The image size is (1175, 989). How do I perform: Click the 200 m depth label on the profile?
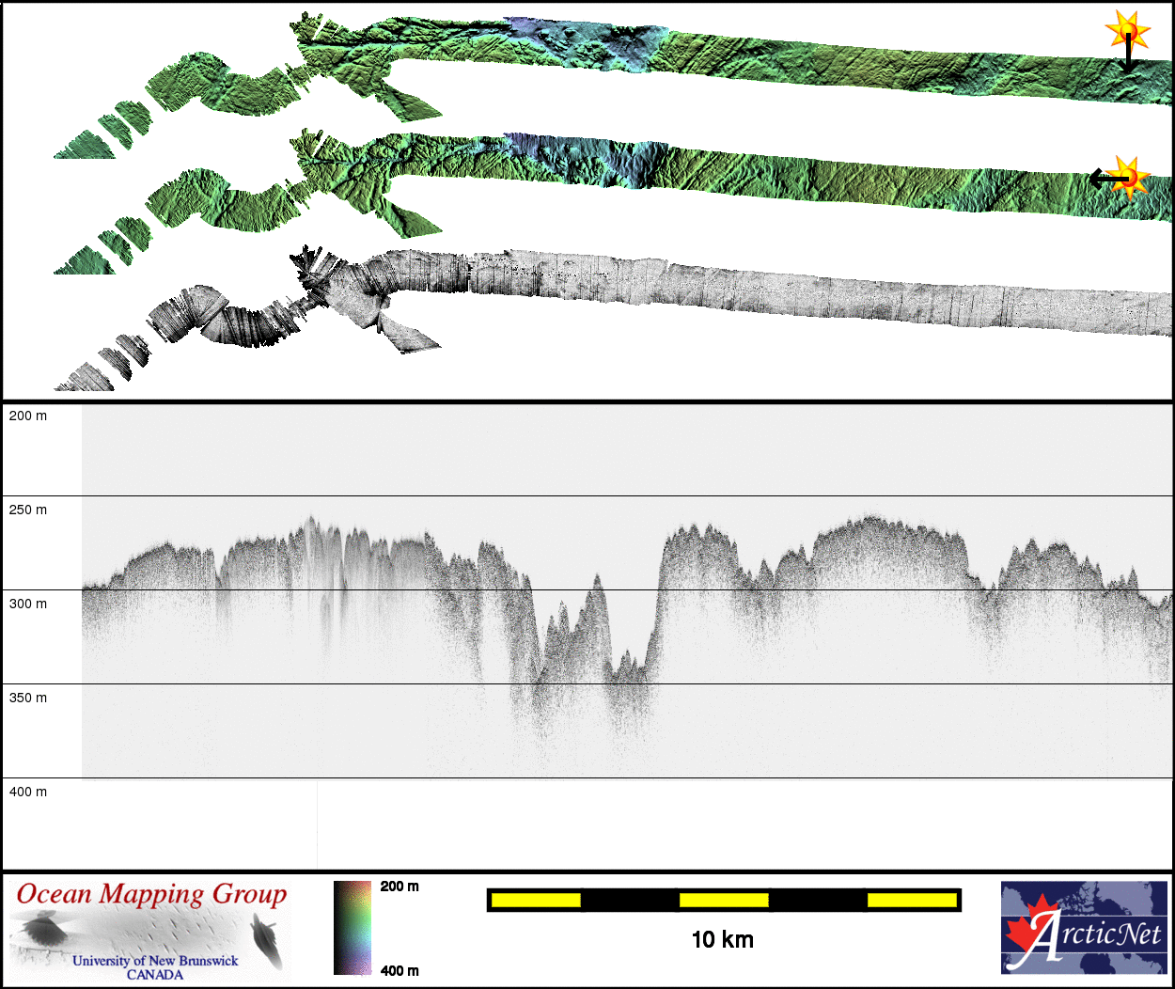pyautogui.click(x=27, y=416)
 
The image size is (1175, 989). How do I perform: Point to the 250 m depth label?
pyautogui.click(x=27, y=510)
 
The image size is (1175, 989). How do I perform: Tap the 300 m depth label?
pyautogui.click(x=27, y=604)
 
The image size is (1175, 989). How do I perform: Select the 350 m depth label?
pyautogui.click(x=27, y=698)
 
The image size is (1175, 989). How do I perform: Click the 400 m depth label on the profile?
pyautogui.click(x=27, y=792)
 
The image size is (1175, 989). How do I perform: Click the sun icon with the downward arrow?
pyautogui.click(x=1127, y=30)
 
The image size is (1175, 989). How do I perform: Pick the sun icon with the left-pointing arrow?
pyautogui.click(x=1127, y=178)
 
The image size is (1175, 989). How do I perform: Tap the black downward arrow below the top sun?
pyautogui.click(x=1127, y=54)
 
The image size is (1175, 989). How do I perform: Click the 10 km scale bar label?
pyautogui.click(x=723, y=939)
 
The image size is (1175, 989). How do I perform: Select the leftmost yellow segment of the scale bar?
pyautogui.click(x=536, y=901)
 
